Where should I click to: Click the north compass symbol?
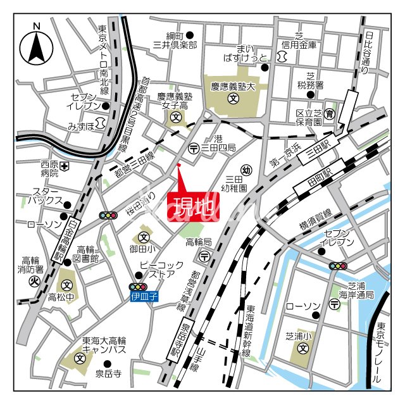[x=37, y=45]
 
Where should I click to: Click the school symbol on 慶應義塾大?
[x=232, y=99]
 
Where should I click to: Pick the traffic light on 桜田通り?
[x=109, y=216]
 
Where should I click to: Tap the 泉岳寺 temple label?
[x=108, y=374]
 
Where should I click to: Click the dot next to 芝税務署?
[x=311, y=94]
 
